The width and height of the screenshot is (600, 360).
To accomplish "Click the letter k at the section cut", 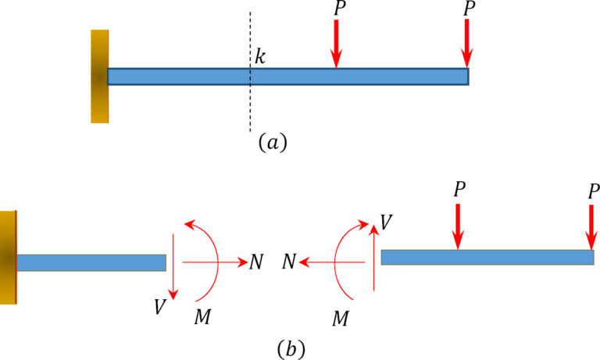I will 260,57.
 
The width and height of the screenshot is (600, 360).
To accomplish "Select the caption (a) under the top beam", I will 273,142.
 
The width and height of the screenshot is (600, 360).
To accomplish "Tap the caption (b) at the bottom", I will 290,347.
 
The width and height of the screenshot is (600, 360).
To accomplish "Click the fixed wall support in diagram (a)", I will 99,76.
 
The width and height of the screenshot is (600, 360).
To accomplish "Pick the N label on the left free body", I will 256,262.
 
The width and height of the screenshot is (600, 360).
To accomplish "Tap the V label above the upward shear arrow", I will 386,221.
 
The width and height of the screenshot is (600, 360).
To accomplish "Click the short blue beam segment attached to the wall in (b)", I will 91,262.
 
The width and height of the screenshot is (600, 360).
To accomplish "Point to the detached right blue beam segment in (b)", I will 487,257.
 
